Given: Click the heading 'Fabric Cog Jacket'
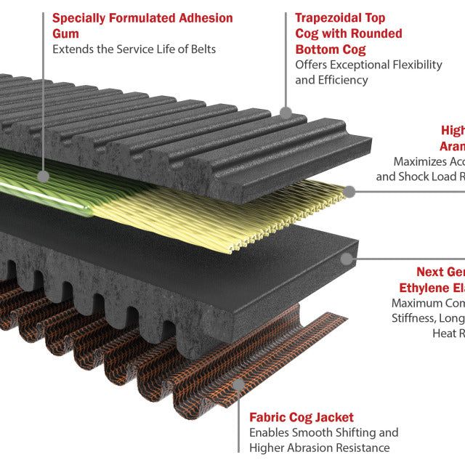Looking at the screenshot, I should point(302,417).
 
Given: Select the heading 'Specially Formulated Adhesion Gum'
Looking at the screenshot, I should point(142,25).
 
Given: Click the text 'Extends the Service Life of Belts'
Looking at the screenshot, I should point(134,49).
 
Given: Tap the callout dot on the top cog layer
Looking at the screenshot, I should point(286,113).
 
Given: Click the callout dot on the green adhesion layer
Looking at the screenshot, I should point(44,176).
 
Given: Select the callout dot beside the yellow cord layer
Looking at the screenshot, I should point(349,192).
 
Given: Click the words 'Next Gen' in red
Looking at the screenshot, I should point(440,272).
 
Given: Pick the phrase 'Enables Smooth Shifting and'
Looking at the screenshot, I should point(323,433).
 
